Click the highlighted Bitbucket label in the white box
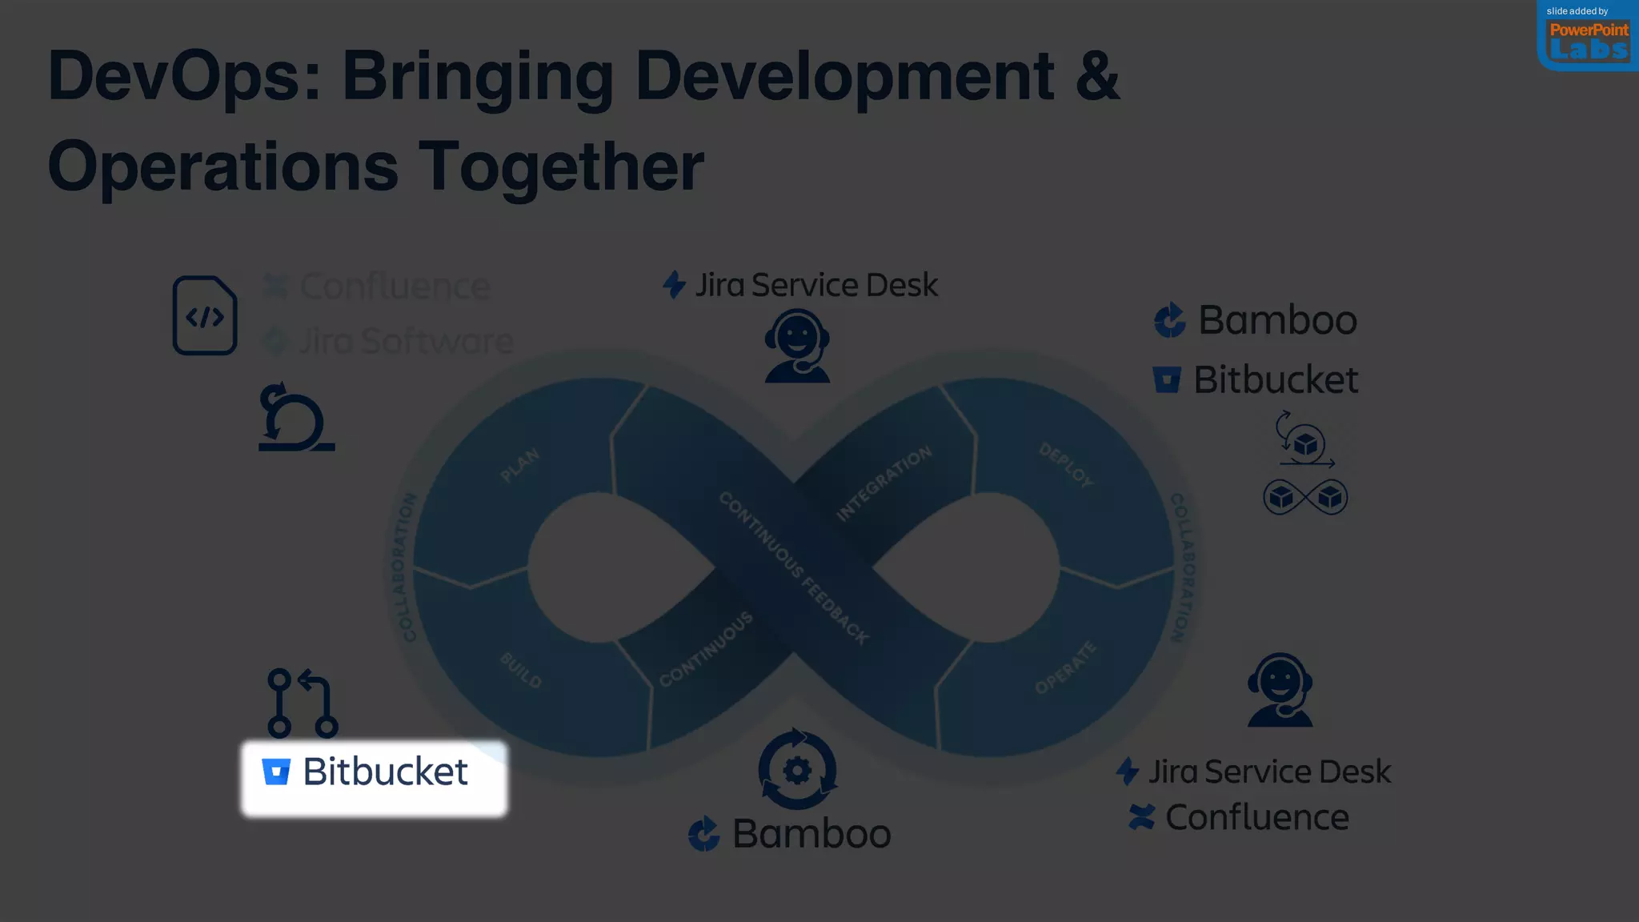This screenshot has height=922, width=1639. tap(374, 772)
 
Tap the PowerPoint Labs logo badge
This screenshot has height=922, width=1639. tap(1588, 36)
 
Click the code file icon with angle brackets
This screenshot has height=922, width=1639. tap(205, 315)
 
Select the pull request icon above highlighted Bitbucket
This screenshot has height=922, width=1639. tap(303, 703)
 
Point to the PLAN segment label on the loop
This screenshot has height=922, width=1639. tap(520, 465)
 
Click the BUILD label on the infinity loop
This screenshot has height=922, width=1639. tap(521, 671)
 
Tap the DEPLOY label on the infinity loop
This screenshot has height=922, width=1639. tap(1066, 465)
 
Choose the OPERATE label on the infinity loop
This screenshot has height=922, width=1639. tap(1065, 667)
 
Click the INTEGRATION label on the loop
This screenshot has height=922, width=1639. tap(884, 483)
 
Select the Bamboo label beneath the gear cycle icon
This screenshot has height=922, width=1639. tap(811, 834)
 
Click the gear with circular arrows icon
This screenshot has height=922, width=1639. tap(797, 769)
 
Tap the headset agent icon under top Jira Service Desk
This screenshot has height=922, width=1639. tap(797, 347)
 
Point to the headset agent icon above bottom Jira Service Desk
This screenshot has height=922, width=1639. tap(1280, 690)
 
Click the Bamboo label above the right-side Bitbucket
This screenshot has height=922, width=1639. tap(1276, 320)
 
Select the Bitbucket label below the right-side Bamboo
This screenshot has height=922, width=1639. tap(1275, 379)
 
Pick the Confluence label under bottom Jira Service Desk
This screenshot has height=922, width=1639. tap(1256, 817)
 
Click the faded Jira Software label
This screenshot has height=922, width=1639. tap(405, 341)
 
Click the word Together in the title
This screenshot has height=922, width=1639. tap(560, 166)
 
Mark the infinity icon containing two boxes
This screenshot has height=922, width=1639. tap(1305, 497)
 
